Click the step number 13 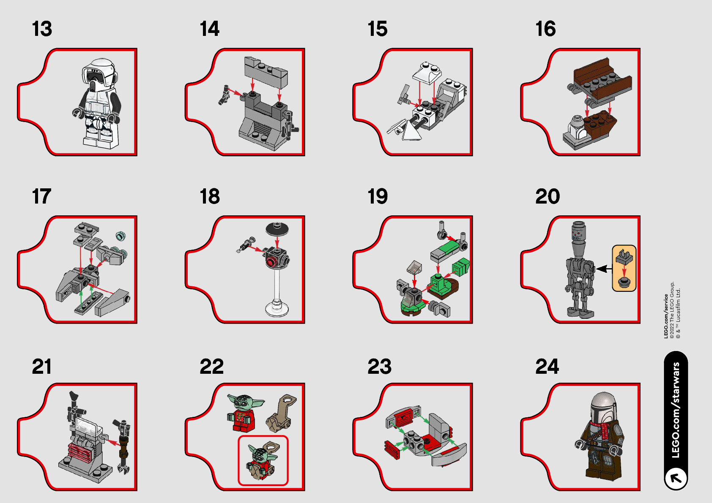(42, 29)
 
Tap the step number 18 (210, 196)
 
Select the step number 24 (547, 367)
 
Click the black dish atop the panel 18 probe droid (277, 228)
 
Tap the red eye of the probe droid (271, 262)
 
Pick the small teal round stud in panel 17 (121, 236)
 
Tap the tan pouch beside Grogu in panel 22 (281, 413)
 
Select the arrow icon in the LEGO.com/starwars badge (676, 478)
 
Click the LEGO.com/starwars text (676, 410)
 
